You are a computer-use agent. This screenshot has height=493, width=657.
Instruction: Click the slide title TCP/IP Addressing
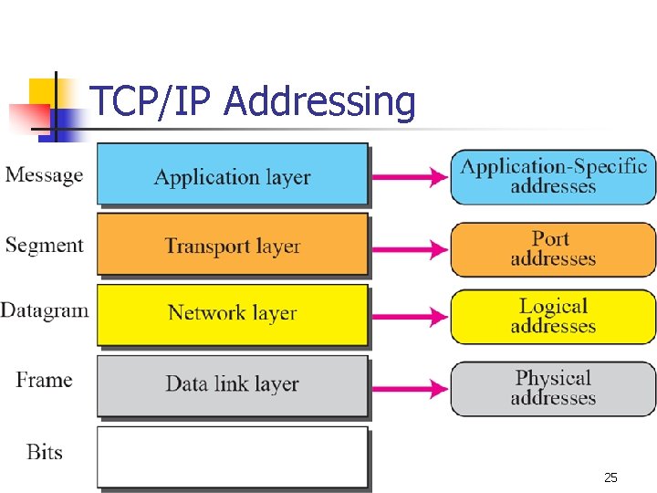point(253,102)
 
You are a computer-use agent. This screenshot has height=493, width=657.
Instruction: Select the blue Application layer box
point(232,175)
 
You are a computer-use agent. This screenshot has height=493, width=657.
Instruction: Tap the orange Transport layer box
point(232,245)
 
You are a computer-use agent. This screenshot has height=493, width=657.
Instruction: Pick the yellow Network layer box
point(232,314)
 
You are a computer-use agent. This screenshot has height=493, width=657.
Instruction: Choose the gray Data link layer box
point(232,384)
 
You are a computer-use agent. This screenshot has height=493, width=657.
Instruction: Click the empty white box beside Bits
point(232,456)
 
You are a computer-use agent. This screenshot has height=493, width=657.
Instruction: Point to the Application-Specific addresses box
point(553,176)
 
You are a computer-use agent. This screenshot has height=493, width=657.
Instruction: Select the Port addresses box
point(553,248)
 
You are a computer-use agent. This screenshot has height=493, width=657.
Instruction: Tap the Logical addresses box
point(553,316)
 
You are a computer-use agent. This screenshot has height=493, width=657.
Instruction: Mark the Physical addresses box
point(553,388)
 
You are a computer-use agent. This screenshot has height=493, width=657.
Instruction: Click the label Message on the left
point(44,174)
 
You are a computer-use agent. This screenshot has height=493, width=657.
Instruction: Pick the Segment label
point(44,245)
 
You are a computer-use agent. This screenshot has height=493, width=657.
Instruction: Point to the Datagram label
point(45,310)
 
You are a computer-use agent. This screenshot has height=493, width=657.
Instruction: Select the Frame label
point(44,380)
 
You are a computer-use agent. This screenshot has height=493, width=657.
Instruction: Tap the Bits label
point(44,451)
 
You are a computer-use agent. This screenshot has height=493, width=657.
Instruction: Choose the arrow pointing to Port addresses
point(409,247)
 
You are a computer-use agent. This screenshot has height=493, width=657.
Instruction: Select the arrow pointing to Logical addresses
point(409,316)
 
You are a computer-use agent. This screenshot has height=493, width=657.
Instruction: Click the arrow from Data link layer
point(409,387)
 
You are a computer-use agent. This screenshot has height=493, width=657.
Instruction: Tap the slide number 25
point(610,477)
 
